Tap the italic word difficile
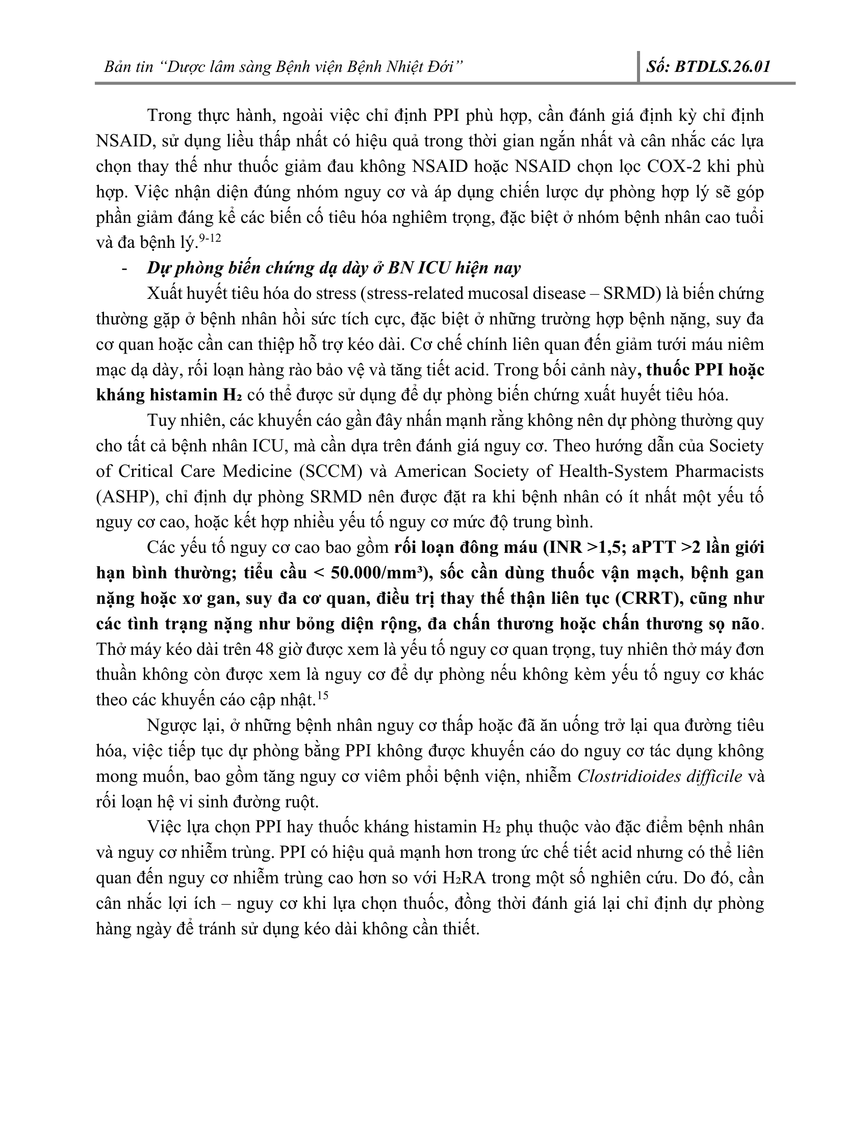click(718, 776)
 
